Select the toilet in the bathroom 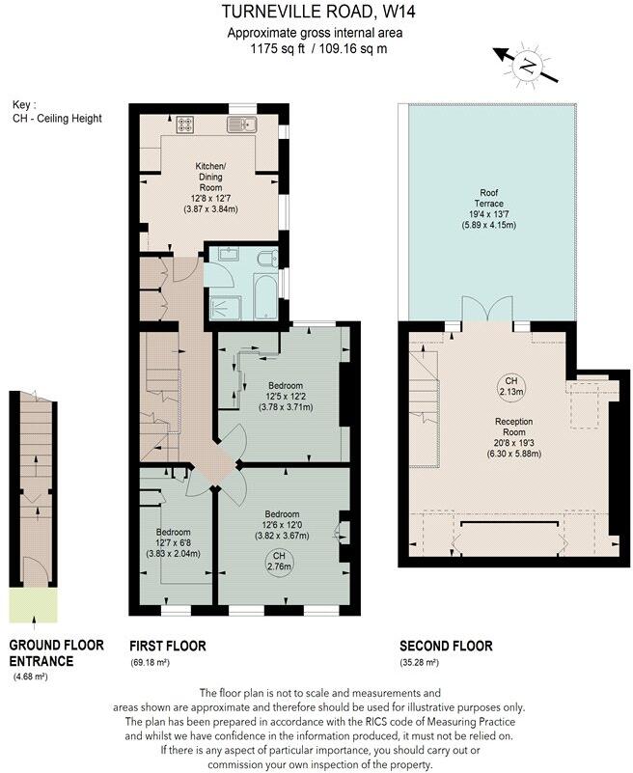pyautogui.click(x=269, y=257)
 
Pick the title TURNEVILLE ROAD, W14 pyautogui.click(x=316, y=13)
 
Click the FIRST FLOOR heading pyautogui.click(x=167, y=646)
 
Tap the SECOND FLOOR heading pyautogui.click(x=446, y=646)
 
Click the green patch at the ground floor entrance pyautogui.click(x=33, y=607)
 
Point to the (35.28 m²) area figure pyautogui.click(x=420, y=663)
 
